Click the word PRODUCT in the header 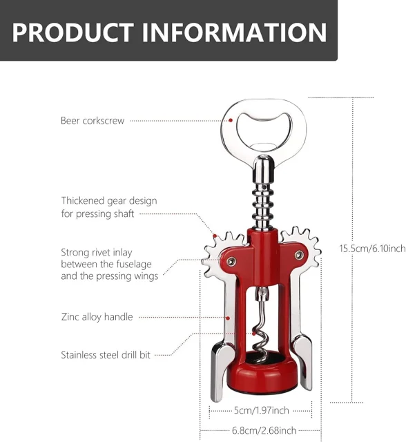coord(72,32)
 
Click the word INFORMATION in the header coord(234,32)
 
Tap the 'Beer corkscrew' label coord(93,121)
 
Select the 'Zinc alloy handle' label coord(97,317)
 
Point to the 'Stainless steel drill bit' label coord(106,354)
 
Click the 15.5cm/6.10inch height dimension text coord(372,249)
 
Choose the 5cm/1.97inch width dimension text coord(262,410)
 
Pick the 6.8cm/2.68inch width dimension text coord(264,430)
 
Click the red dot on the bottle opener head coord(231,120)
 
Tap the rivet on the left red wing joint coord(231,261)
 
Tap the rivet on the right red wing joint coord(299,256)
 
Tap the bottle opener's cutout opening coord(264,131)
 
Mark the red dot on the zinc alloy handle coord(229,318)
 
